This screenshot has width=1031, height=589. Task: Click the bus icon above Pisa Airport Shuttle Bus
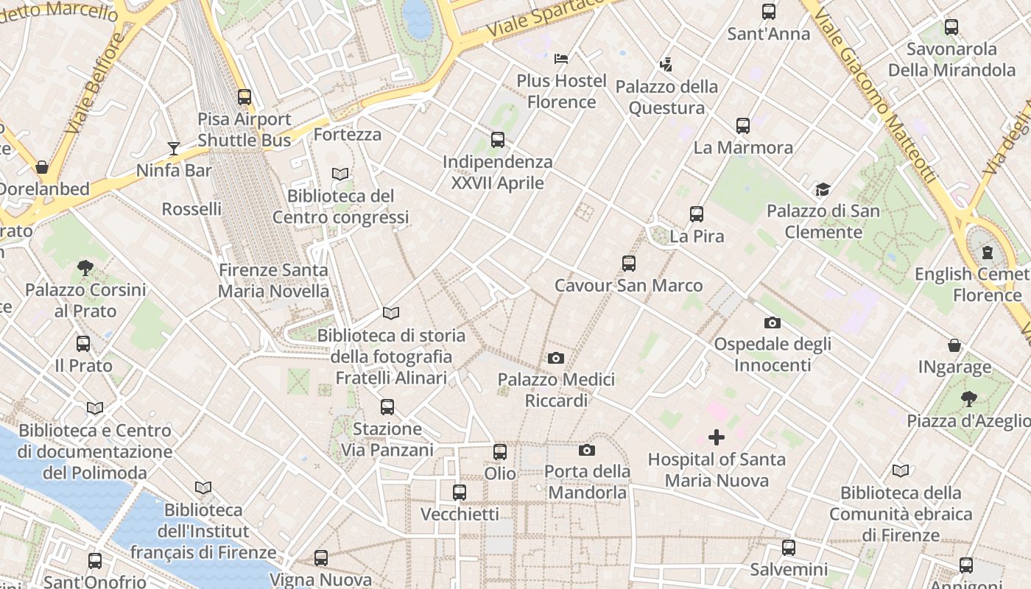pos(244,96)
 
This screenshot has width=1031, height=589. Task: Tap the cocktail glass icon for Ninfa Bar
pos(173,149)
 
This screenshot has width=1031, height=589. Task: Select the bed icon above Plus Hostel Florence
pos(561,58)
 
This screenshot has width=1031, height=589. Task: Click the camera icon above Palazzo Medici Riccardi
pos(556,358)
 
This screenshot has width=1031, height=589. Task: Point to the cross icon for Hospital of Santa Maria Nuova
pos(716,437)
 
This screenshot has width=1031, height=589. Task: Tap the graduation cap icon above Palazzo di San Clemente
pos(823,190)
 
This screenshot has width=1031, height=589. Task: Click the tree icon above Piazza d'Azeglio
pos(968,399)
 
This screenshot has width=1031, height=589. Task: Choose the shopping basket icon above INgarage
pos(954,345)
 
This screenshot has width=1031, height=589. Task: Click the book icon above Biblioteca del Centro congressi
pos(340,174)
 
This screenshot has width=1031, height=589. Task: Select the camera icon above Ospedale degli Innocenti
pos(773,322)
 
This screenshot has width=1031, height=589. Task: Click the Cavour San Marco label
pos(628,285)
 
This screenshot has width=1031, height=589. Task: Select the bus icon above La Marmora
pos(743,126)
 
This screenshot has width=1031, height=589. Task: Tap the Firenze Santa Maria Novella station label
pos(273,281)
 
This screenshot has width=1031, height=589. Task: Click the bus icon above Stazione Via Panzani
pos(387,406)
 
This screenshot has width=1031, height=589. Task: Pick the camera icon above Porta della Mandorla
pos(587,450)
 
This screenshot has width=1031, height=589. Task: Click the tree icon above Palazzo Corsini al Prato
pos(85,268)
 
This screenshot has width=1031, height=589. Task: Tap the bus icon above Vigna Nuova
pos(321,558)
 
